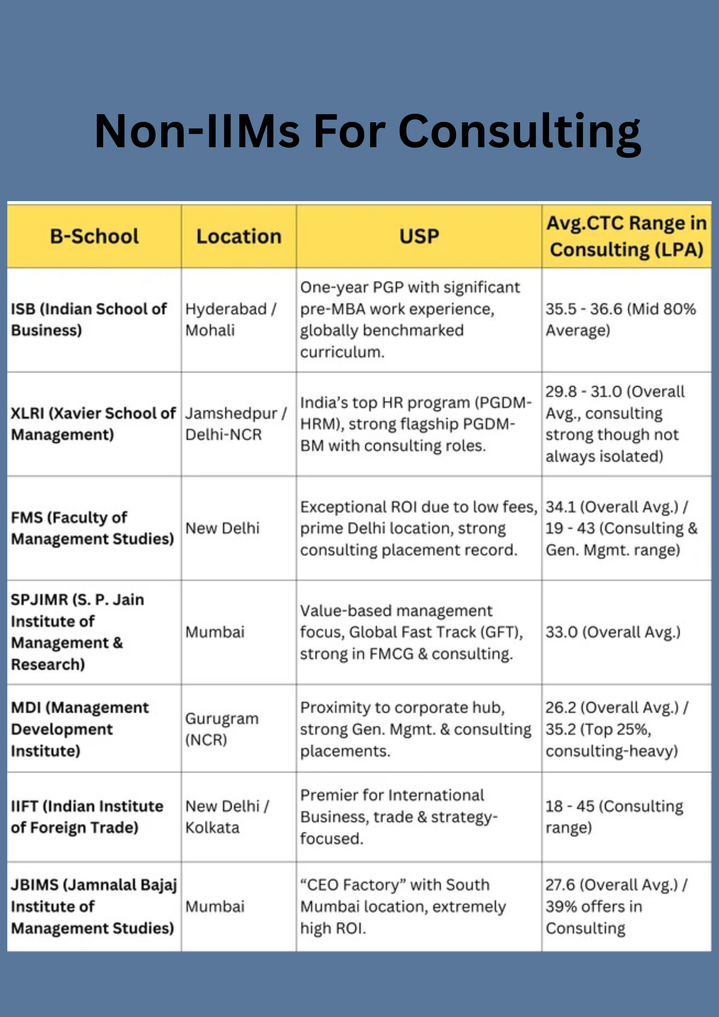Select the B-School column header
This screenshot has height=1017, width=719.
click(94, 236)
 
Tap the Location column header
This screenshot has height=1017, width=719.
click(239, 236)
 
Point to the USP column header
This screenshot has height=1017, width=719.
click(419, 236)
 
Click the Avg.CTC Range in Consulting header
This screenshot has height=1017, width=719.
click(626, 236)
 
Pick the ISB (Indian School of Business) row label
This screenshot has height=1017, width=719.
click(89, 319)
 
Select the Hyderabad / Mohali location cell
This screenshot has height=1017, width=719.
click(231, 319)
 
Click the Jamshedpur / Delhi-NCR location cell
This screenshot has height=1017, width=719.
click(236, 424)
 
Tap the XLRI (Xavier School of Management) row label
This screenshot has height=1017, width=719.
click(93, 424)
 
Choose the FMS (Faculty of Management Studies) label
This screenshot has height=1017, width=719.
click(92, 528)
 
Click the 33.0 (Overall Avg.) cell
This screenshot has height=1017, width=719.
click(613, 632)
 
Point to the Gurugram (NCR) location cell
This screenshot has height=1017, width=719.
click(222, 729)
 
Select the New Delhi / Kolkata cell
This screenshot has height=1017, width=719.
click(227, 817)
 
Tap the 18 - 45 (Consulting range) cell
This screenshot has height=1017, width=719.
click(614, 817)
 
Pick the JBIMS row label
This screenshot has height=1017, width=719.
click(93, 906)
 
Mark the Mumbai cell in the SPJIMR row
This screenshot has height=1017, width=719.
click(215, 632)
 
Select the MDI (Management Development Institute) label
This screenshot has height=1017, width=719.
click(80, 729)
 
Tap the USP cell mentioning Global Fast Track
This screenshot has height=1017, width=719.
click(411, 632)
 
